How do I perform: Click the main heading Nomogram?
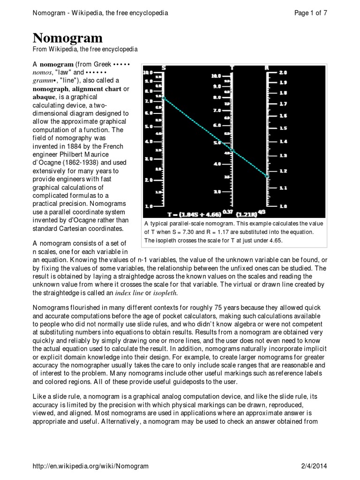click(67, 38)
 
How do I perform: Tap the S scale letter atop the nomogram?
click(163, 67)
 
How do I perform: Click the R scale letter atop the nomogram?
click(267, 67)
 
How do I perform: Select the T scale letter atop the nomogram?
click(232, 67)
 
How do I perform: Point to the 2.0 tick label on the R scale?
click(283, 73)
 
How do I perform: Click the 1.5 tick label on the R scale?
click(283, 128)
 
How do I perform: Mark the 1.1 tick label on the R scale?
click(283, 188)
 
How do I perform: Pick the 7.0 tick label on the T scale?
click(217, 111)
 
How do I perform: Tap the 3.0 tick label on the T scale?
click(217, 192)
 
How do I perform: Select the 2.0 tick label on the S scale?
click(148, 180)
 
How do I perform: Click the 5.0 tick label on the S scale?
click(148, 127)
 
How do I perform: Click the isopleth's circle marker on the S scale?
click(163, 97)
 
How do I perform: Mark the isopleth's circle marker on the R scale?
click(268, 176)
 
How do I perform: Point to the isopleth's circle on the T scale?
click(232, 150)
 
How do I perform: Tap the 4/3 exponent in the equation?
click(275, 212)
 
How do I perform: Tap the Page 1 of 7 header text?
click(310, 13)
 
